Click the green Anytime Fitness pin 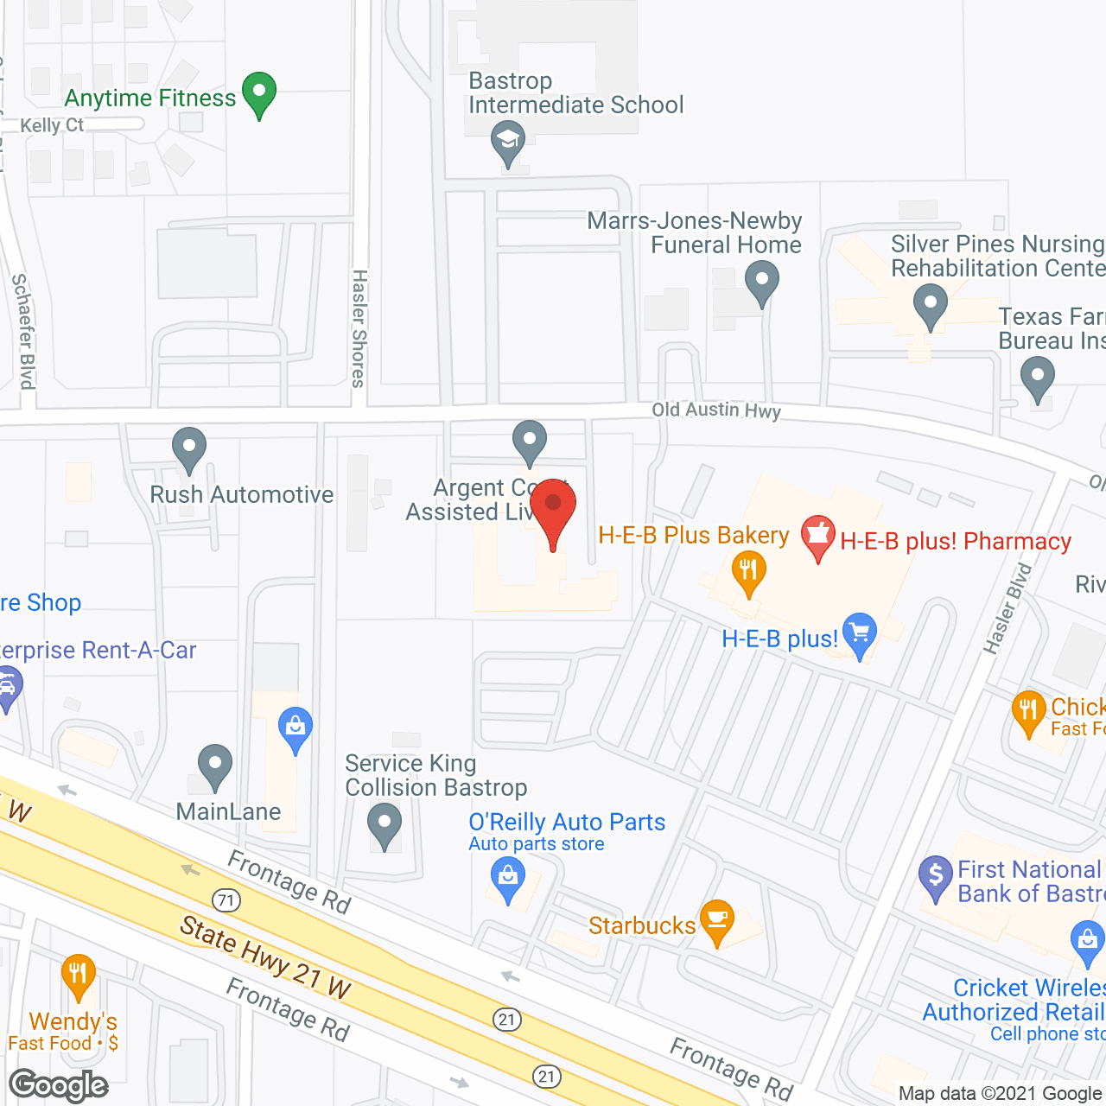point(258,93)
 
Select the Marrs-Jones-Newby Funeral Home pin point(761,283)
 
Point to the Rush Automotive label point(241,494)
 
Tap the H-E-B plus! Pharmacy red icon point(817,537)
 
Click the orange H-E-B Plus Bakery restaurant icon point(748,573)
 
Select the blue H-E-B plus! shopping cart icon point(859,634)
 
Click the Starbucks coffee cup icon point(717,920)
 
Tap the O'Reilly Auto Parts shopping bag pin point(508,880)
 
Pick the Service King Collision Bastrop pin point(385,824)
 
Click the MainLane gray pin point(214,766)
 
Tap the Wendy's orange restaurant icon point(78,976)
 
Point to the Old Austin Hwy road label point(716,410)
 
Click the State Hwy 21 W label point(265,957)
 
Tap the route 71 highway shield point(226,900)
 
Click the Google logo point(59,1085)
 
